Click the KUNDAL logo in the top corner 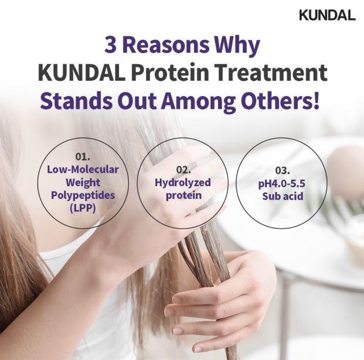coord(326,15)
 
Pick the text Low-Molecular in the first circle coord(83,169)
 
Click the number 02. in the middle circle coord(183,170)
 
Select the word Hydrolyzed coord(183,183)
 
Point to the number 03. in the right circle coord(283,170)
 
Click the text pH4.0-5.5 coord(283,183)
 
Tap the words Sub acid coord(283,196)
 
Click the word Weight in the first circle coord(83,181)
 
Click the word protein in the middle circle coord(183,196)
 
